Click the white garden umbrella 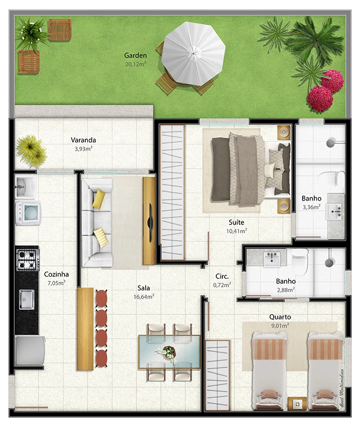tap(193, 53)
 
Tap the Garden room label tap(135, 55)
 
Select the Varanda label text tap(83, 140)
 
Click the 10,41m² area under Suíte tap(237, 231)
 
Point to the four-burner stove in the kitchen tap(28, 259)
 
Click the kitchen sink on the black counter tap(26, 300)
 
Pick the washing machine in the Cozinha tap(28, 213)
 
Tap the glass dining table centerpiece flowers tap(167, 353)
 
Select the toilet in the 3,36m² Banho tap(331, 180)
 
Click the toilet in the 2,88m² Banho tap(300, 261)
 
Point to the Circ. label tap(222, 276)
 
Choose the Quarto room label tap(280, 317)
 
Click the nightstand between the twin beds tap(298, 404)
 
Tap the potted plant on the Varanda tap(31, 151)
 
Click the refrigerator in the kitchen tap(29, 351)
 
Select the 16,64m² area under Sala tap(144, 297)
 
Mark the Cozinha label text tap(56, 274)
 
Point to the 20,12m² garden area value tap(136, 64)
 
